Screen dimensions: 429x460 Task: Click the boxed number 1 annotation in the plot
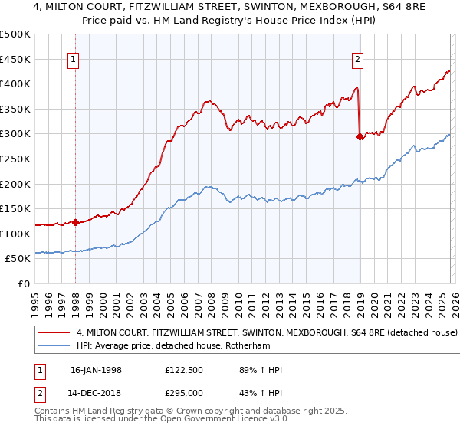pos(74,59)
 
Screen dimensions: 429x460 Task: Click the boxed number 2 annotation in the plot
pos(358,59)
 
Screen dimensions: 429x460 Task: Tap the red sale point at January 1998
pos(75,223)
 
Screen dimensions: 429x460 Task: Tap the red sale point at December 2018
pos(360,137)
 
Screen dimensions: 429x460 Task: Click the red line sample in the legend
pos(54,333)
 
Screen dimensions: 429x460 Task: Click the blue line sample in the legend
pos(54,346)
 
